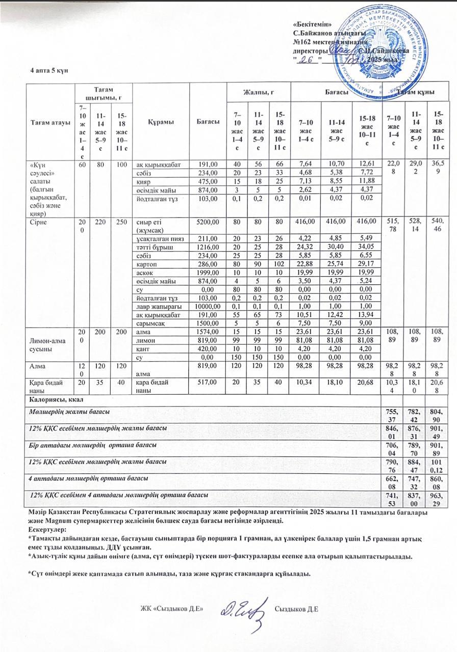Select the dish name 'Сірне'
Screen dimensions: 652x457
tap(39, 222)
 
